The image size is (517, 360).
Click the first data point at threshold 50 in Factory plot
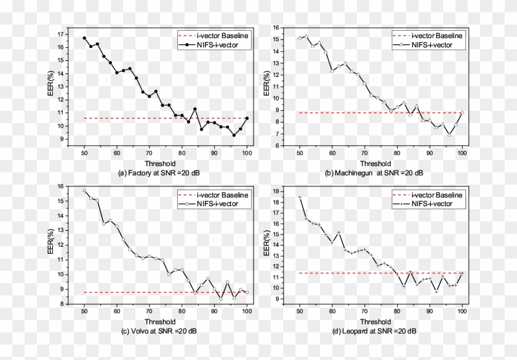pyautogui.click(x=84, y=38)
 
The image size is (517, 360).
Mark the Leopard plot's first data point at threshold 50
pyautogui.click(x=300, y=197)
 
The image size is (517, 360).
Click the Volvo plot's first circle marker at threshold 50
pyautogui.click(x=84, y=191)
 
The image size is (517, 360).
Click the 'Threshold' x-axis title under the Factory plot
pyautogui.click(x=165, y=164)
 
